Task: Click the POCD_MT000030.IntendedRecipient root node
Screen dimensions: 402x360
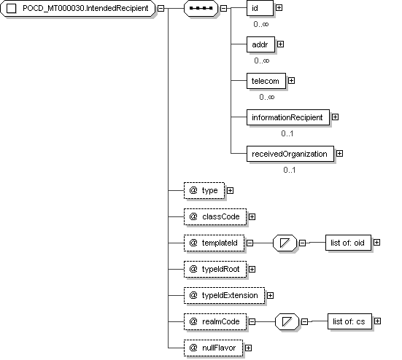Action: pyautogui.click(x=77, y=9)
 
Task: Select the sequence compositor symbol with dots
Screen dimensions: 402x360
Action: pyautogui.click(x=201, y=9)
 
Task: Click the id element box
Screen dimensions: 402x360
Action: pyautogui.click(x=260, y=8)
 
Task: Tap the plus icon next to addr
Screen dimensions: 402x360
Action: pyautogui.click(x=280, y=44)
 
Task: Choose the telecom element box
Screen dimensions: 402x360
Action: pyautogui.click(x=266, y=81)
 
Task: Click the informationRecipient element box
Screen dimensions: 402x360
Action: pyautogui.click(x=288, y=117)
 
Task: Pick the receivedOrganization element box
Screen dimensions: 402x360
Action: pyautogui.click(x=290, y=154)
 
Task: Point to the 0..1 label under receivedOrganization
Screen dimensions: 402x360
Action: pyautogui.click(x=290, y=170)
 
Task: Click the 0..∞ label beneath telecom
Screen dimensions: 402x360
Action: pyautogui.click(x=266, y=97)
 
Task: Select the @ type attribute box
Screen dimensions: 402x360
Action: pyautogui.click(x=204, y=190)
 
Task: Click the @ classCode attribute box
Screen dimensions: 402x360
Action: pyautogui.click(x=215, y=217)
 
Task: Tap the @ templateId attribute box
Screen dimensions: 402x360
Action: pyautogui.click(x=214, y=243)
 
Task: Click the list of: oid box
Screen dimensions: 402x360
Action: pyautogui.click(x=348, y=243)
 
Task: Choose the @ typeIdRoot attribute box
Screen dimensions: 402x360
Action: pyautogui.click(x=215, y=270)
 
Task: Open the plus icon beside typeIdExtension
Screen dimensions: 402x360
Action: pyautogui.click(x=270, y=295)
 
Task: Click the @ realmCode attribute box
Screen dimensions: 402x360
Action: pyautogui.click(x=215, y=321)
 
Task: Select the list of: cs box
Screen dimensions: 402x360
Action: pyautogui.click(x=349, y=321)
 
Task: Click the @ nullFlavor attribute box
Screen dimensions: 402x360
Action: pyautogui.click(x=213, y=348)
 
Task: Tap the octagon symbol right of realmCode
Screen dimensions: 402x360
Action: pyautogui.click(x=287, y=321)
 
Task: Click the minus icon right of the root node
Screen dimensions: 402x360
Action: pyautogui.click(x=161, y=9)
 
